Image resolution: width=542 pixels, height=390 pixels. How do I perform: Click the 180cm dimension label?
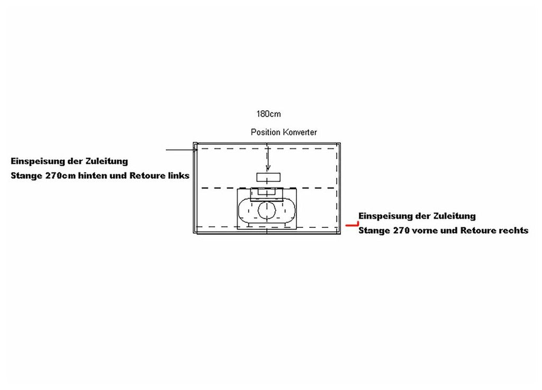(x=268, y=114)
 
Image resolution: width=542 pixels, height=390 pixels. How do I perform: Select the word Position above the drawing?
(x=265, y=132)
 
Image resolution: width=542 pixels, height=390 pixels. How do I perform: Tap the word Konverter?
(x=299, y=132)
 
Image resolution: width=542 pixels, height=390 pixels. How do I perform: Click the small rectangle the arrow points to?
(x=268, y=177)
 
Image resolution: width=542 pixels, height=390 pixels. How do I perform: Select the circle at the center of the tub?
(x=267, y=210)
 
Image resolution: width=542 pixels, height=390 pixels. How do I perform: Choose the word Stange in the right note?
(x=374, y=231)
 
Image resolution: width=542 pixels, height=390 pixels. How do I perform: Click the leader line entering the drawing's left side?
(x=180, y=150)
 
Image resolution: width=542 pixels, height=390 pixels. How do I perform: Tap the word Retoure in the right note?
(x=478, y=231)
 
